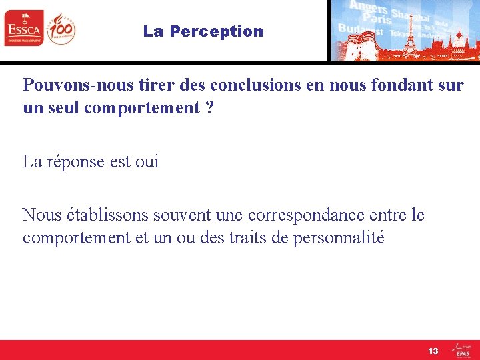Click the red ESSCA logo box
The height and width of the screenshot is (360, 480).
[24, 29]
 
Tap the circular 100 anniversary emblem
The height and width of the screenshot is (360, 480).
[61, 29]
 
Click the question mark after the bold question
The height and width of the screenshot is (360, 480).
[210, 107]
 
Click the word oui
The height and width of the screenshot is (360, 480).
[147, 162]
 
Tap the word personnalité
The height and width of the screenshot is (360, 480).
[339, 238]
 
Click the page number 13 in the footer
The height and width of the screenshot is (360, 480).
[433, 351]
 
